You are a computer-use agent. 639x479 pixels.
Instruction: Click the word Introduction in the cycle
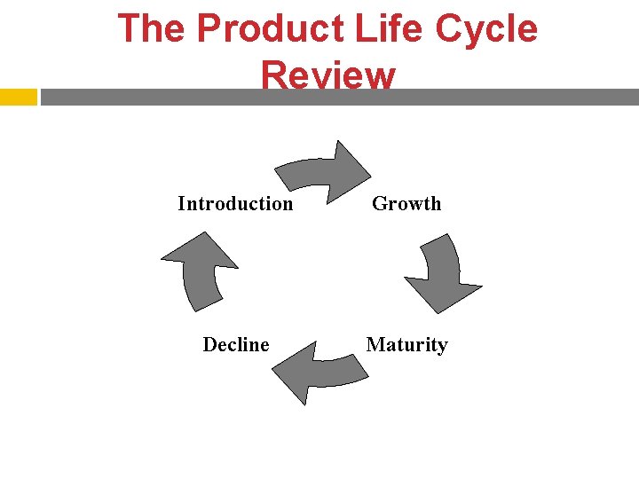[x=235, y=204]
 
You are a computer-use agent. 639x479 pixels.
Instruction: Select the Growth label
[x=406, y=204]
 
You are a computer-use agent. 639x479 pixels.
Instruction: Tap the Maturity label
[x=406, y=345]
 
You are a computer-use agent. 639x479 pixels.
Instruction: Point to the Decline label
[x=236, y=345]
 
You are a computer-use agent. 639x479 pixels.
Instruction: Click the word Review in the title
[x=328, y=75]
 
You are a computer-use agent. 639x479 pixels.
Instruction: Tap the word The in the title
[x=152, y=28]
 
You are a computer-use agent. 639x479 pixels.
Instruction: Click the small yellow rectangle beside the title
[x=18, y=97]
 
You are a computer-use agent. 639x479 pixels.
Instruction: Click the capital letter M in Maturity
[x=375, y=345]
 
